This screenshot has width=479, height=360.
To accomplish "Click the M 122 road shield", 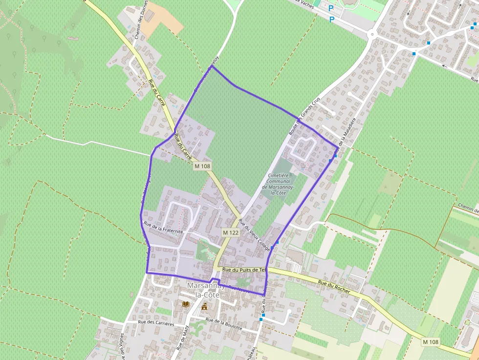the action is point(231,233).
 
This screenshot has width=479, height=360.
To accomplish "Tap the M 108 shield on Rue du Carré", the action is point(202,166).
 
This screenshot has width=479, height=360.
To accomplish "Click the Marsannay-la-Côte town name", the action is point(206,291).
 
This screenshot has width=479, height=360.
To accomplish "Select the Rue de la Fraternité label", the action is point(163,227).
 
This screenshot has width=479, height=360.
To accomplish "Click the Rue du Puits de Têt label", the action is point(243,270).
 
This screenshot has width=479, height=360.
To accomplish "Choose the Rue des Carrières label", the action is point(156,323).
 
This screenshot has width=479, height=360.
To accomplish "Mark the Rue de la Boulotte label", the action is point(224,324).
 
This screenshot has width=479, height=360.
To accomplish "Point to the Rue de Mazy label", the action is point(182,337).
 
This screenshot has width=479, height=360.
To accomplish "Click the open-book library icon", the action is point(186,304).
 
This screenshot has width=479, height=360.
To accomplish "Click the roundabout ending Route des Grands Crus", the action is point(372,34).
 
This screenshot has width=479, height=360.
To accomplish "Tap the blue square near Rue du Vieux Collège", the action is point(277,242).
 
